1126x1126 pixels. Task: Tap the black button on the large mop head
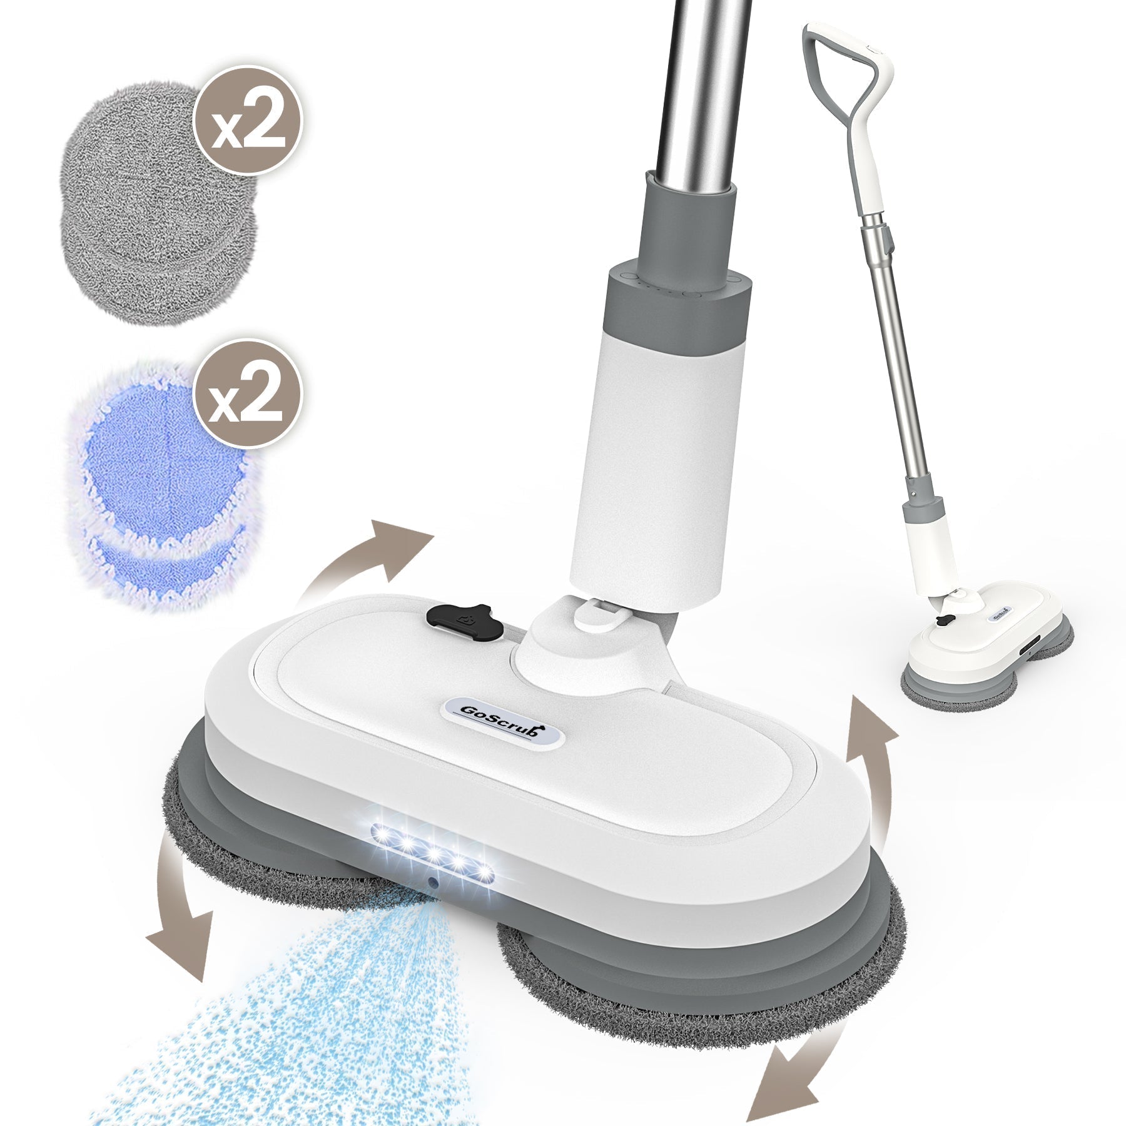click(465, 622)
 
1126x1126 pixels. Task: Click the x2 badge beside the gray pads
click(248, 119)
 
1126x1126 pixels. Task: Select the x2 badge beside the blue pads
click(248, 393)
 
